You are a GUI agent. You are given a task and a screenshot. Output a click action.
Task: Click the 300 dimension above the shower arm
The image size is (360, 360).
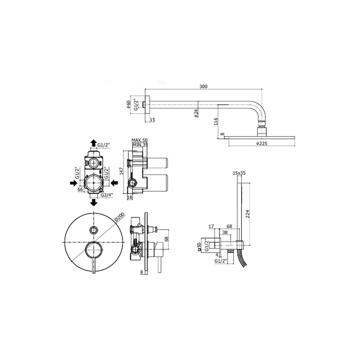(203, 86)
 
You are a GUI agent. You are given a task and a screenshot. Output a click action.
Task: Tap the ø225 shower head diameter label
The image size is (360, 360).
(261, 144)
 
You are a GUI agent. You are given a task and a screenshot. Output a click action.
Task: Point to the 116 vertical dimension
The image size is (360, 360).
(216, 121)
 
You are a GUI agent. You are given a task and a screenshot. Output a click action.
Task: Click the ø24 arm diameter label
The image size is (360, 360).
(196, 113)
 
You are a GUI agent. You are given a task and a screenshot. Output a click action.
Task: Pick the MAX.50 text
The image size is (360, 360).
(140, 140)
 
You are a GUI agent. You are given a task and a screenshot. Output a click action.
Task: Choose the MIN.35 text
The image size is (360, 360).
(140, 145)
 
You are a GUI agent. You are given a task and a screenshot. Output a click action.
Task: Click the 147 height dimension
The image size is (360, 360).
(121, 171)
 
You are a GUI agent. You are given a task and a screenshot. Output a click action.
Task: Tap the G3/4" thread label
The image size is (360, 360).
(107, 195)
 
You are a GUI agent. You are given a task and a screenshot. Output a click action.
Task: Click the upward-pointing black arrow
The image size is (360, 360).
(94, 143)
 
